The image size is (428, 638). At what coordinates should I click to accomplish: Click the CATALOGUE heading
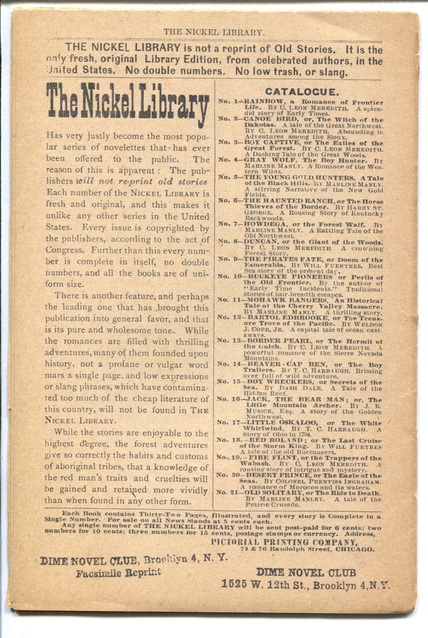(x=302, y=92)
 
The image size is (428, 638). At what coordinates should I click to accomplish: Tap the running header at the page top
(x=214, y=33)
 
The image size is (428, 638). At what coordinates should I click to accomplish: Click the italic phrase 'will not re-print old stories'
(x=142, y=182)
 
